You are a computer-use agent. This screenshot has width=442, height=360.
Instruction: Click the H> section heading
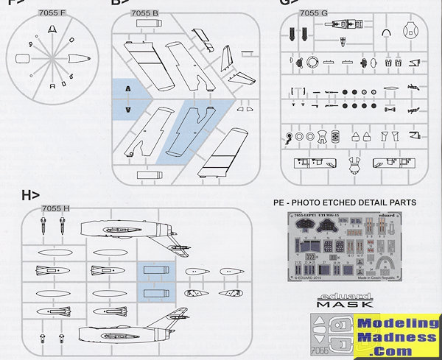[x=31, y=195]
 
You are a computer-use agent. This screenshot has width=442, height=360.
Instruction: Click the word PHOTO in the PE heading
[x=313, y=202]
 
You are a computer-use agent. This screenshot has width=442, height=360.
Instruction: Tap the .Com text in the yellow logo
[x=398, y=350]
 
